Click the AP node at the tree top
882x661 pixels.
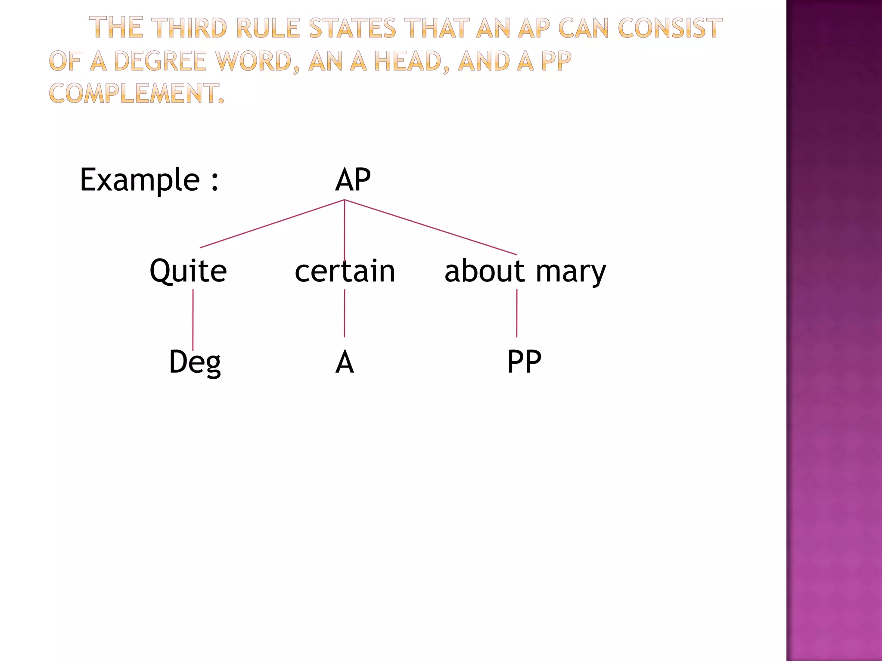point(353,180)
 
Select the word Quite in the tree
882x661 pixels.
point(188,271)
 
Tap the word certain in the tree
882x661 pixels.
point(345,271)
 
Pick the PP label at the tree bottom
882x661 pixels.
point(524,362)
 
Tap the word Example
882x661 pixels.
point(140,180)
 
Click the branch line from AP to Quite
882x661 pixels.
point(272,224)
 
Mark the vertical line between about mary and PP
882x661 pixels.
point(517,313)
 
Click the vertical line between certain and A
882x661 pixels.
point(345,313)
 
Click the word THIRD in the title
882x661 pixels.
point(190,28)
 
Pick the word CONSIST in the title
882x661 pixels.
point(670,28)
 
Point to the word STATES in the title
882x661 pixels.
point(352,28)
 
